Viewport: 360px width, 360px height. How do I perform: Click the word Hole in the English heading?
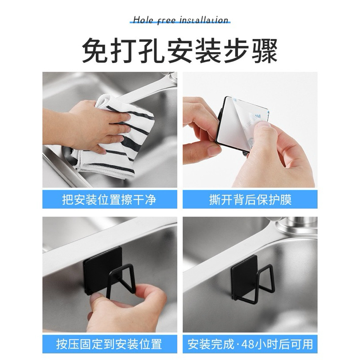[143, 20]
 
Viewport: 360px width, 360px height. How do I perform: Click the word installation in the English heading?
[204, 20]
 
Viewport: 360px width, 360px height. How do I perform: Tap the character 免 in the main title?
[95, 51]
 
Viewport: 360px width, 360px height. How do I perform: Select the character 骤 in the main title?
[265, 51]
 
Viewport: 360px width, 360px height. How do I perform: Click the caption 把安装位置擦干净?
[109, 199]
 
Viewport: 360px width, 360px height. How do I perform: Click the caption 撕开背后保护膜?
[250, 199]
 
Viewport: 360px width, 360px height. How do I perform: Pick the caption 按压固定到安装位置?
[109, 344]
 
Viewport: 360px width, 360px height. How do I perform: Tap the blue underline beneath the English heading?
[180, 23]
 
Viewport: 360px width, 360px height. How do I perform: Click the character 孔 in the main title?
[151, 51]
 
